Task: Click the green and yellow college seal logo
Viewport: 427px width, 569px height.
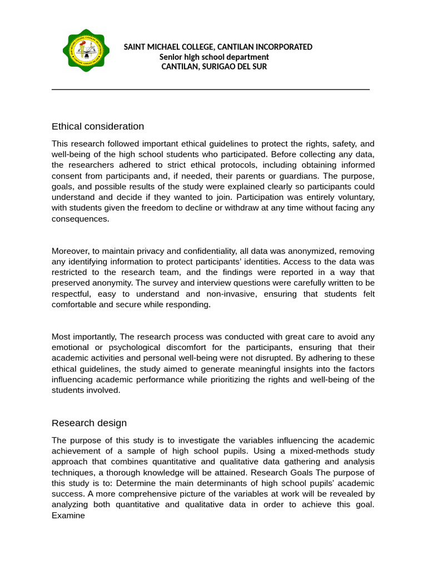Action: tap(86, 51)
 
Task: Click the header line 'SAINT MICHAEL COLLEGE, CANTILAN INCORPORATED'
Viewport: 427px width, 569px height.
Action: tap(217, 47)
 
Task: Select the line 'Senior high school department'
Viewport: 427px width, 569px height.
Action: tap(214, 57)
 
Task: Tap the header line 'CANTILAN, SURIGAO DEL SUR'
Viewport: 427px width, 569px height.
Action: tap(214, 67)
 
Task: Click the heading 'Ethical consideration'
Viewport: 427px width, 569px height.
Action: tap(98, 127)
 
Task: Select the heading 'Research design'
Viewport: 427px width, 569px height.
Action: tap(89, 423)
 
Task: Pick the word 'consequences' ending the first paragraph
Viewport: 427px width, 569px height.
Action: tap(80, 219)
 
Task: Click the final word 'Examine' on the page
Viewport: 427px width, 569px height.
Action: tap(68, 516)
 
